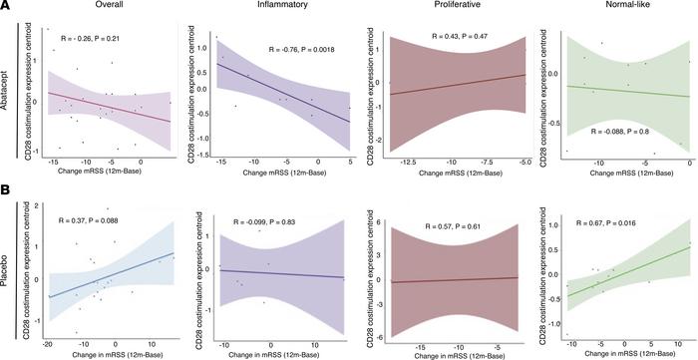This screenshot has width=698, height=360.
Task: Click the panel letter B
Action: [6, 186]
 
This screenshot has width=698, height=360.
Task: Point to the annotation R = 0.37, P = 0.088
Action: [98, 219]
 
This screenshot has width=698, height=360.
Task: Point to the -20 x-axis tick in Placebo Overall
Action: [49, 339]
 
